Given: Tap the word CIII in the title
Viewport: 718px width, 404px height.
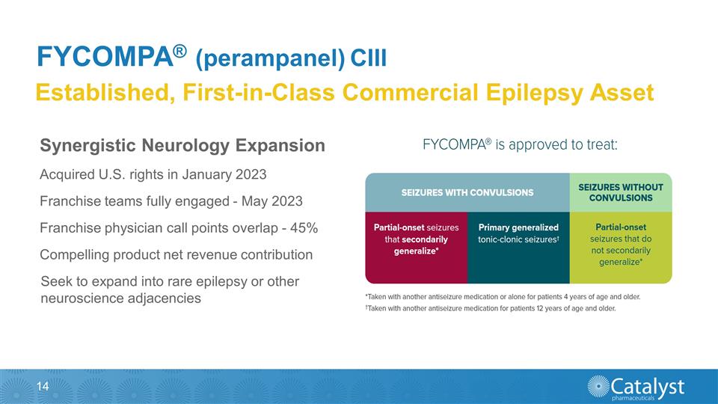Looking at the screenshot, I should [366, 58].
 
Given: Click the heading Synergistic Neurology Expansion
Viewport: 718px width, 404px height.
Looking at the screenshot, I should [182, 144].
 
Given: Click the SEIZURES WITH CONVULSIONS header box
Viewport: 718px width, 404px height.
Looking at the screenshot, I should [467, 192].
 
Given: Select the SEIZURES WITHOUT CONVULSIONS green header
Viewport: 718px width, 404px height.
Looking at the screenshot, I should [621, 192].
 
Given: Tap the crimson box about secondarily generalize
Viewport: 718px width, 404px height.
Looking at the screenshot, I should [415, 247].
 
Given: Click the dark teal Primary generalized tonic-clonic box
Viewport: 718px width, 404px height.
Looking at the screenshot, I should [518, 247].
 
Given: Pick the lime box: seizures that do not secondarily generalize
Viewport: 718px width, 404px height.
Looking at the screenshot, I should [621, 247].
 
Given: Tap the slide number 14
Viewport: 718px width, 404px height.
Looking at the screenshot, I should [43, 386].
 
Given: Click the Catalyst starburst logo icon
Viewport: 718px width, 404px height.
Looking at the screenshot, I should [599, 388].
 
